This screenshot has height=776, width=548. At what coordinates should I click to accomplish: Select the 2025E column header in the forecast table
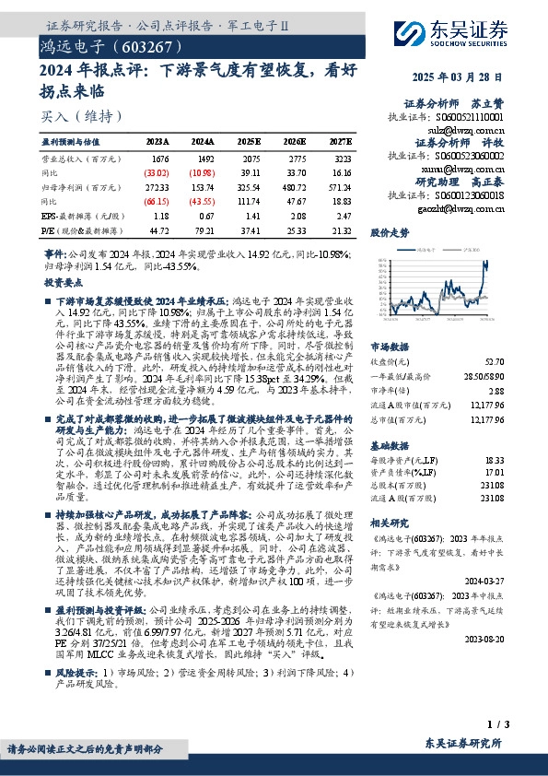coord(250,141)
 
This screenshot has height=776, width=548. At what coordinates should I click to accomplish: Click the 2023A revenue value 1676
coord(159,159)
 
